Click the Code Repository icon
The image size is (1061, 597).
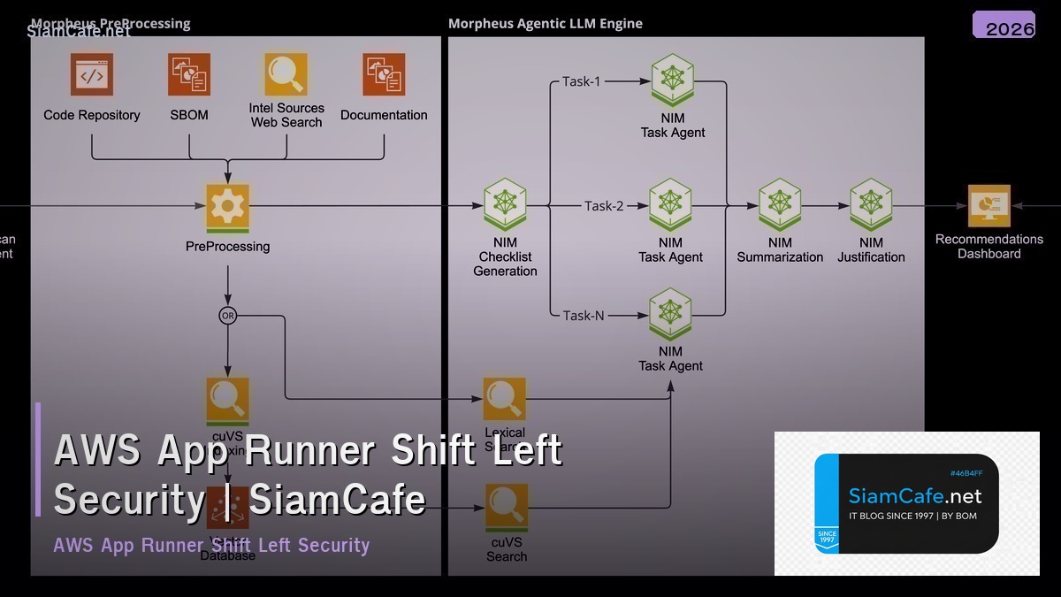pyautogui.click(x=92, y=75)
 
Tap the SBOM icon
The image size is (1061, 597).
pyautogui.click(x=189, y=75)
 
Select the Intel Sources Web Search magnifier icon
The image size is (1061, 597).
pyautogui.click(x=286, y=74)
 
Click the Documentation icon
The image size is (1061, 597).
pyautogui.click(x=384, y=75)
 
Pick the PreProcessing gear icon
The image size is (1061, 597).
pyautogui.click(x=228, y=206)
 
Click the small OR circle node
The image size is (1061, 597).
pyautogui.click(x=228, y=315)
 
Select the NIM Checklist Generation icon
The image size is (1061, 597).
pyautogui.click(x=505, y=205)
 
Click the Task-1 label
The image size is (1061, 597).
pyautogui.click(x=581, y=81)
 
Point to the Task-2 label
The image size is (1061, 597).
pyautogui.click(x=604, y=206)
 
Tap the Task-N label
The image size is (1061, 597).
pyautogui.click(x=584, y=315)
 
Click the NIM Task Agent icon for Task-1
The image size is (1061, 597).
pyautogui.click(x=672, y=81)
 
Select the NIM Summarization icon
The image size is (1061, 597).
pyautogui.click(x=780, y=205)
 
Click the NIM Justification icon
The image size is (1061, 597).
pyautogui.click(x=871, y=205)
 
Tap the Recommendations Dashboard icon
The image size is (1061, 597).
pyautogui.click(x=988, y=206)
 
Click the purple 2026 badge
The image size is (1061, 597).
pyautogui.click(x=1004, y=26)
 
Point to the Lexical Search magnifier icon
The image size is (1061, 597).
pyautogui.click(x=505, y=399)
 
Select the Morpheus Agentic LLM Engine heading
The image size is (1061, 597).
pyautogui.click(x=546, y=24)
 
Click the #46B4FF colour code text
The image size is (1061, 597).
pyautogui.click(x=966, y=473)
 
